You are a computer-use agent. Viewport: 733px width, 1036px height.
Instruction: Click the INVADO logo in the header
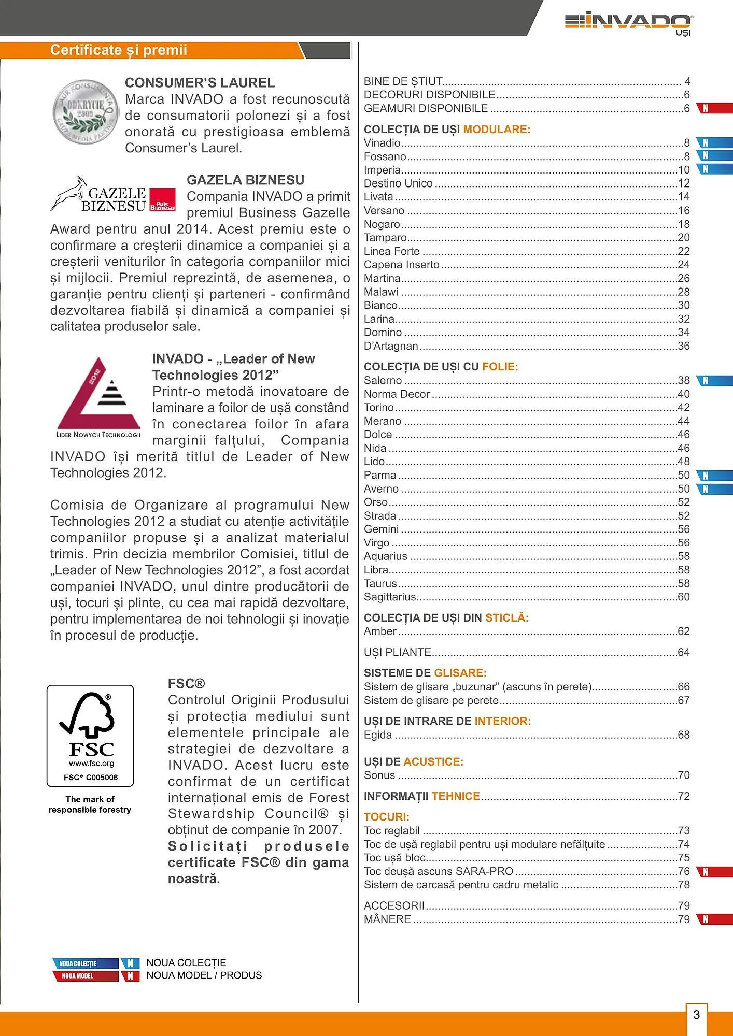click(x=629, y=23)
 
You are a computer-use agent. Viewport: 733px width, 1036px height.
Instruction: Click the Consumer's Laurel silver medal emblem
click(x=86, y=111)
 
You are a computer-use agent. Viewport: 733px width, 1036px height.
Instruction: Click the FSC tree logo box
click(x=90, y=736)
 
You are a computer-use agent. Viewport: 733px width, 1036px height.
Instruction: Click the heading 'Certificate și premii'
click(x=118, y=50)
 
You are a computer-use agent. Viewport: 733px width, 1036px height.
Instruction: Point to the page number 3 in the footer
click(x=696, y=1014)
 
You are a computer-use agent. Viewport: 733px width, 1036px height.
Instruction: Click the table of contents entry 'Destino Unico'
click(x=398, y=183)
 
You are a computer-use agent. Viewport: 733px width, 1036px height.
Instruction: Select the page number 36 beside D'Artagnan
click(x=684, y=346)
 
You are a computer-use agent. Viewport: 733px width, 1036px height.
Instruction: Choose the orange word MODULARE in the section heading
click(x=496, y=129)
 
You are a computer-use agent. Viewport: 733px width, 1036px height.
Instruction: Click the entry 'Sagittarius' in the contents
click(x=390, y=597)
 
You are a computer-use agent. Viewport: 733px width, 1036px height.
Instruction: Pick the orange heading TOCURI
click(x=386, y=817)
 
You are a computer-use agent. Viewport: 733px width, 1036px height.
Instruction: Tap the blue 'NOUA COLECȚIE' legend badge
click(x=86, y=963)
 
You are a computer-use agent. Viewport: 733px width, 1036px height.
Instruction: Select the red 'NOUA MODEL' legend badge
click(x=86, y=976)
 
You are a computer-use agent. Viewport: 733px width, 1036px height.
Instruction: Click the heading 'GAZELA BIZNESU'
click(x=245, y=180)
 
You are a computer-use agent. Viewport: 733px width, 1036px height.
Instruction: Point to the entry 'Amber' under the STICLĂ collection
click(x=380, y=631)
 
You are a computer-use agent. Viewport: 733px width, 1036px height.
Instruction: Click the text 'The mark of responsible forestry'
click(x=90, y=804)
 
